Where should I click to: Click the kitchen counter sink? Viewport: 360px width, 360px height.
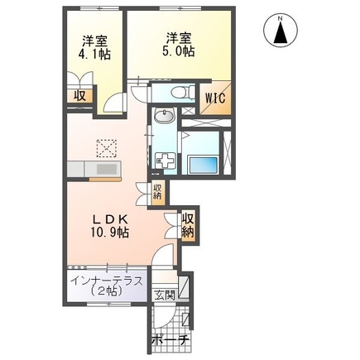105,168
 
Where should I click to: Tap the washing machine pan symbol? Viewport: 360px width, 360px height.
166,159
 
